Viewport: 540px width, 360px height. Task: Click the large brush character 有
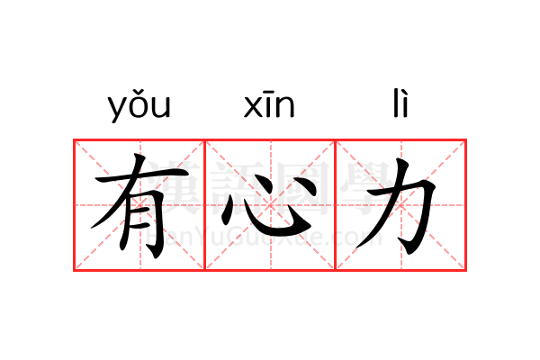point(126,205)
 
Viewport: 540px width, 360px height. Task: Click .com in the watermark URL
point(357,238)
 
